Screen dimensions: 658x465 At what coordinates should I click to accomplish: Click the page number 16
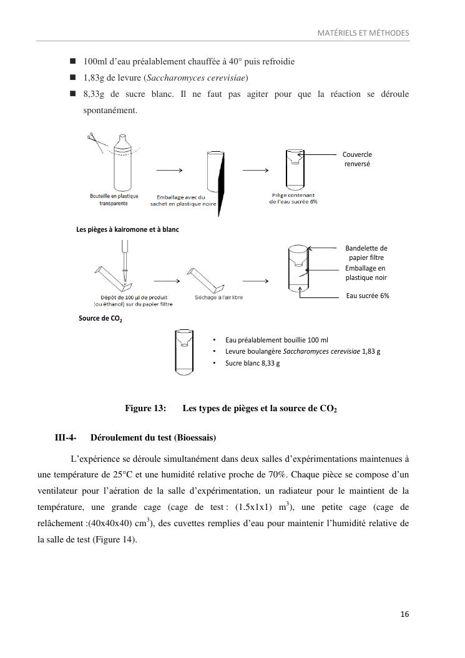pos(404,614)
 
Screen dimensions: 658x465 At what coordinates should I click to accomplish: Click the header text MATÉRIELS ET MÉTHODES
pos(363,32)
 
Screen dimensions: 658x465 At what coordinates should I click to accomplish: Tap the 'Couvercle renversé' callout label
pos(357,159)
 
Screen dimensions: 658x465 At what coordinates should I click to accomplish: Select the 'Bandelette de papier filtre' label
pos(366,252)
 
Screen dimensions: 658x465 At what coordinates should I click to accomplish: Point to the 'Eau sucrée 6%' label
pos(367,296)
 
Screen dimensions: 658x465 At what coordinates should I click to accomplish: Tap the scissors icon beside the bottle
pos(95,140)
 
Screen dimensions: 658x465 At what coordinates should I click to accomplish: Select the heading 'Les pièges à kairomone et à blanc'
pos(127,229)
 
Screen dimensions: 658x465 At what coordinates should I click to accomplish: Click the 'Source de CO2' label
pos(100,319)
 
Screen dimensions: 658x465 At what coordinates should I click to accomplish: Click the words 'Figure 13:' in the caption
pos(145,409)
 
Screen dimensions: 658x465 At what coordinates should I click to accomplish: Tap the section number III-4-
pos(66,436)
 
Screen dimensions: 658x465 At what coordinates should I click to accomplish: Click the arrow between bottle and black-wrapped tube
pos(169,170)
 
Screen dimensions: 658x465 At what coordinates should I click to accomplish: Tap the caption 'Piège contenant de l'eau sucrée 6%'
pos(293,199)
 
